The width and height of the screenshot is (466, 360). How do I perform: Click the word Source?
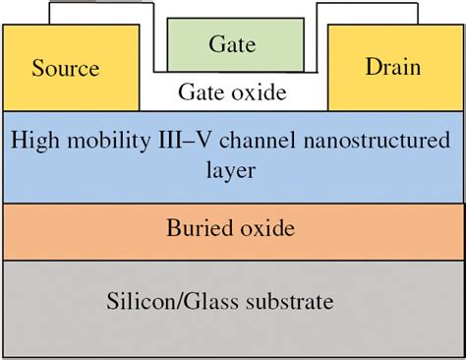[66, 69]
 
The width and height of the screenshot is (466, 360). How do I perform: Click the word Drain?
[392, 68]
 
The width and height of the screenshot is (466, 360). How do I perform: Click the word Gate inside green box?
[233, 44]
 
